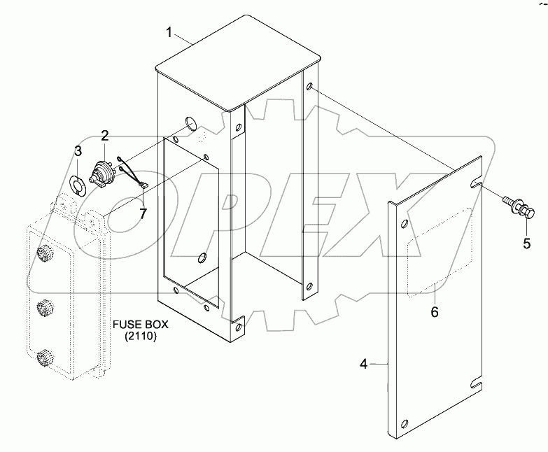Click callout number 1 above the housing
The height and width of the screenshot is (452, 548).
(x=169, y=31)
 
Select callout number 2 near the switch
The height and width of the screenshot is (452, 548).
(x=104, y=135)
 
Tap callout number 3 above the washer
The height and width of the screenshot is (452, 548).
(x=78, y=150)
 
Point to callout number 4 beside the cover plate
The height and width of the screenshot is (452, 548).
(x=363, y=364)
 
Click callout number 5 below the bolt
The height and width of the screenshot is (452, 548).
(x=526, y=243)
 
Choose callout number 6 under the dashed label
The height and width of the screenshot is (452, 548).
(x=435, y=311)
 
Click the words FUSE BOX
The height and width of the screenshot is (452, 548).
(x=140, y=325)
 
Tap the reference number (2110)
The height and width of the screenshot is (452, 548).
(x=140, y=338)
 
